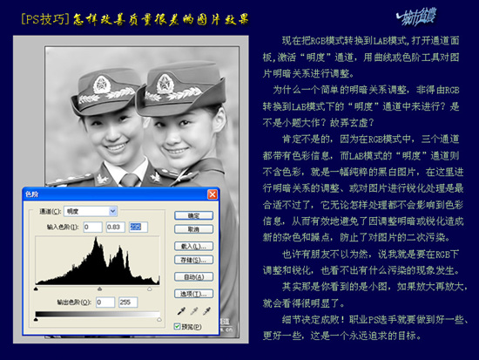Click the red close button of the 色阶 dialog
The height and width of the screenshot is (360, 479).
213,194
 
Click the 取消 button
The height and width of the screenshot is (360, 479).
194,229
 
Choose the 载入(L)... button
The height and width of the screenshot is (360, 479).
194,246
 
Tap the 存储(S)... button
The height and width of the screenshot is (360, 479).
194,259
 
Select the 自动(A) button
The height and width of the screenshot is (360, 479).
194,276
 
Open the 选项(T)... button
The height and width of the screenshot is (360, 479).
194,294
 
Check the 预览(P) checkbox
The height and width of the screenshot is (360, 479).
178,326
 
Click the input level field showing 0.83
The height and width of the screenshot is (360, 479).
110,227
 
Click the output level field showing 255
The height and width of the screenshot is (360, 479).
129,302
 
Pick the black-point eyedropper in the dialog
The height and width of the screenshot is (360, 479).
180,310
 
